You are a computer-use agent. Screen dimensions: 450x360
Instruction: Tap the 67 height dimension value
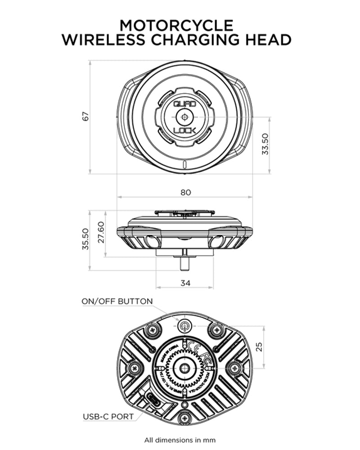tap(85, 116)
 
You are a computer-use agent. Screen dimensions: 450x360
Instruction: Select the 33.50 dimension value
tap(265, 144)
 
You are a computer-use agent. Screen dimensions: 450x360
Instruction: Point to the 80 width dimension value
tap(185, 192)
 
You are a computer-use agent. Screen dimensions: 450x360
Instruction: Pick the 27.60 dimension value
tap(101, 233)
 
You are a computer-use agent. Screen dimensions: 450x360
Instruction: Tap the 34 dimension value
tap(185, 283)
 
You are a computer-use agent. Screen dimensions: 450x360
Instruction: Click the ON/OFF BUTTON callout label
tap(117, 301)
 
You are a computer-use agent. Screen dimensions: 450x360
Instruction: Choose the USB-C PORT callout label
tap(108, 416)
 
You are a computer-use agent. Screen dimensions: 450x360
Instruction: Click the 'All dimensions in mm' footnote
tap(180, 440)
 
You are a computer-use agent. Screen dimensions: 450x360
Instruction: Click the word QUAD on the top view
tap(184, 104)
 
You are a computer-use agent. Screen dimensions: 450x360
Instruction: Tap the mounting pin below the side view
tap(184, 263)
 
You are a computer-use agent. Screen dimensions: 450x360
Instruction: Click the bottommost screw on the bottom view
tap(184, 418)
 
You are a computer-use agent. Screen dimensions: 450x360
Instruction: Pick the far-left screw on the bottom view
tap(135, 369)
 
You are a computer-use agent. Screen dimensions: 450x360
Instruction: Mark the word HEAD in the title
tap(268, 40)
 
